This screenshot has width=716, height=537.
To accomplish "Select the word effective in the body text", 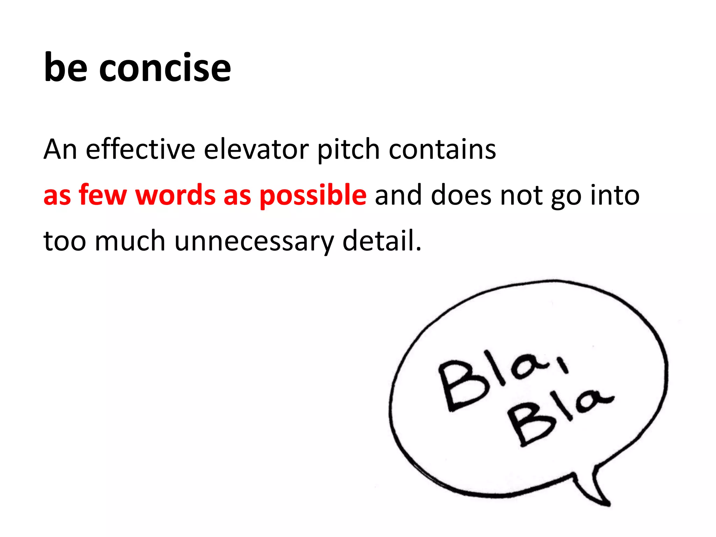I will (141, 149).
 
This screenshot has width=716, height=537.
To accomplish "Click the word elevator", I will (256, 149).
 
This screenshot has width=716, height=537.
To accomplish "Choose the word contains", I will (442, 149).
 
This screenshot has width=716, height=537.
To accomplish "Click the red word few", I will (102, 195).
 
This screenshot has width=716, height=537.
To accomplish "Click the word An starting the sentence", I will (60, 149).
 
